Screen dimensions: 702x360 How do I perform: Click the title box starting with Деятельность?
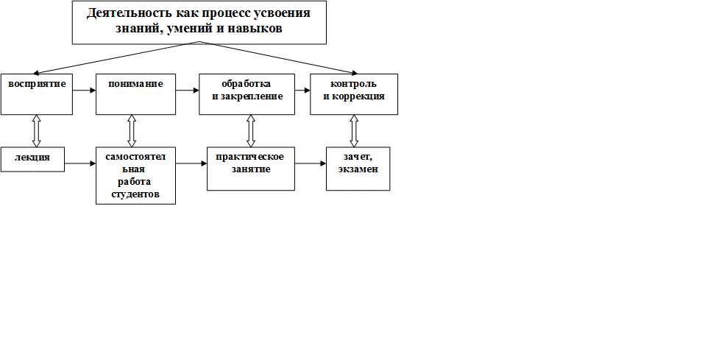(x=199, y=22)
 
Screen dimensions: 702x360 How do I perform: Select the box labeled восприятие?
(x=37, y=94)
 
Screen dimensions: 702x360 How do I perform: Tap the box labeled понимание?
(x=135, y=94)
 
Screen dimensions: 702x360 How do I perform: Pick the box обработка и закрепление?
(x=247, y=94)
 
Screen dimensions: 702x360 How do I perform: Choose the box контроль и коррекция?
(x=354, y=94)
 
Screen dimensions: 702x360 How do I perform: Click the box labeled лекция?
(x=32, y=160)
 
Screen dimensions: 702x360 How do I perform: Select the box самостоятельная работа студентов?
(x=135, y=175)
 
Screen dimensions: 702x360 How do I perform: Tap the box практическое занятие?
(x=251, y=169)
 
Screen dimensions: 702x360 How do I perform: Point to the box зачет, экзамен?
(x=358, y=169)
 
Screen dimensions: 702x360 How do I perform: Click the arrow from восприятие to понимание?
(x=84, y=91)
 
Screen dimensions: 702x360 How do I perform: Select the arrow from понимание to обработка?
(x=187, y=91)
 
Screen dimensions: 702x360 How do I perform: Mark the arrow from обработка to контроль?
(x=302, y=91)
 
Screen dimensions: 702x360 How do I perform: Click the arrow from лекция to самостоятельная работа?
(x=80, y=163)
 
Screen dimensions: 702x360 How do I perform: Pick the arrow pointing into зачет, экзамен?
(x=311, y=163)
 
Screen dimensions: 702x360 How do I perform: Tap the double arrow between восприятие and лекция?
(x=37, y=131)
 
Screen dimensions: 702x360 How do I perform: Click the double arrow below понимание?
(x=132, y=131)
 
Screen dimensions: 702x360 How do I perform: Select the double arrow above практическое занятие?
(x=251, y=131)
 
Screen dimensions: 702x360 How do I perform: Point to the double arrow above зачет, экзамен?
(x=354, y=131)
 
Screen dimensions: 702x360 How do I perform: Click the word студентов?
(x=135, y=195)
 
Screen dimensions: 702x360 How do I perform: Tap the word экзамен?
(x=358, y=170)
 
